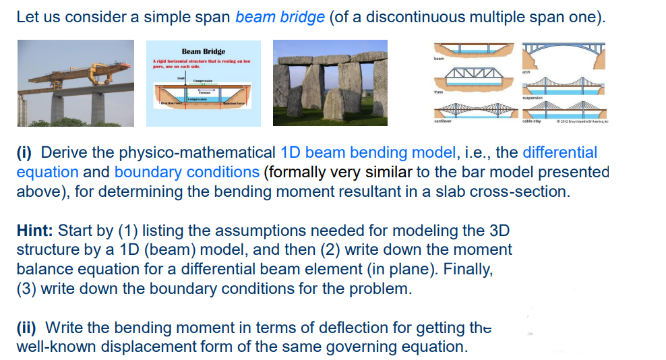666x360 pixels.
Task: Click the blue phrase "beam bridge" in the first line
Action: click(x=280, y=17)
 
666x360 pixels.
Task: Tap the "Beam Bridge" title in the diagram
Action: click(x=203, y=51)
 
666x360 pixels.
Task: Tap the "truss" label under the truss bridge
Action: click(x=439, y=92)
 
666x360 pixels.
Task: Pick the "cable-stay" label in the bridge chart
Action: click(x=532, y=122)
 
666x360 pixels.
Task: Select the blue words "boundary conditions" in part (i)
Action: click(x=187, y=172)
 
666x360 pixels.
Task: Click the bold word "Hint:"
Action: click(x=35, y=231)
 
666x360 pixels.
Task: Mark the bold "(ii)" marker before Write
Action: click(x=28, y=328)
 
